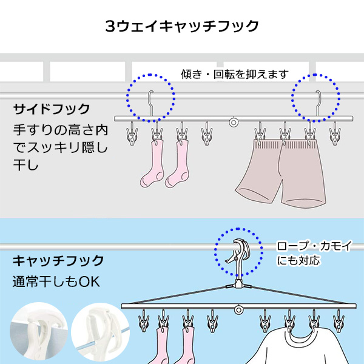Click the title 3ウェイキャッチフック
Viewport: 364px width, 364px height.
[182, 26]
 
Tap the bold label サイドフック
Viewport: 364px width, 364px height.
[52, 109]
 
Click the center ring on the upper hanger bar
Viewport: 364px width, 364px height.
[234, 122]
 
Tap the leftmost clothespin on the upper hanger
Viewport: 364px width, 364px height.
[131, 135]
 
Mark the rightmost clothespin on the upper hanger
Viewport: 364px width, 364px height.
[334, 135]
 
